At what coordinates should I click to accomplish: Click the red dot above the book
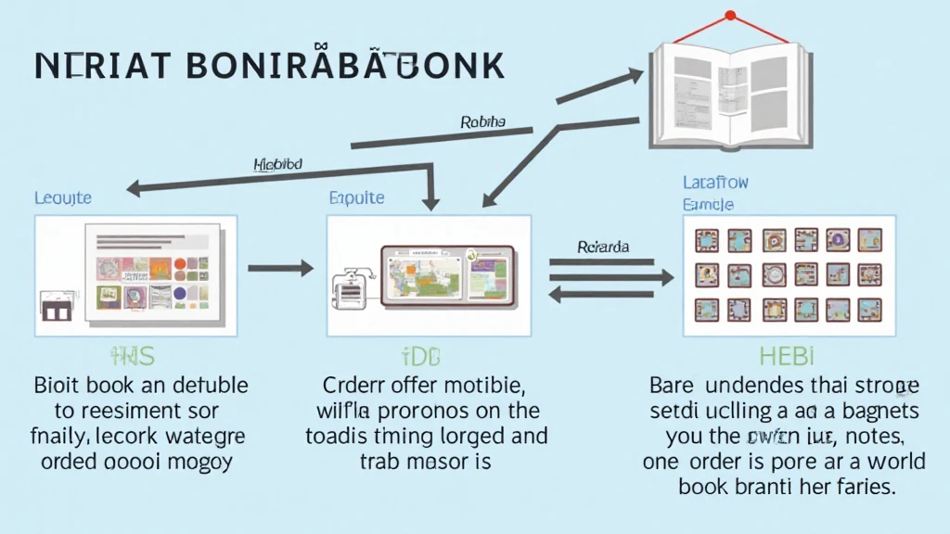click(730, 15)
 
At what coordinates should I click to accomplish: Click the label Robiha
click(482, 121)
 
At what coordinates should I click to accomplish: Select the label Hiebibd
click(277, 164)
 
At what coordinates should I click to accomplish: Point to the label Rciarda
click(603, 247)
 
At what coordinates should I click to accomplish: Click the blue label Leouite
click(63, 197)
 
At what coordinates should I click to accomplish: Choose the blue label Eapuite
click(356, 197)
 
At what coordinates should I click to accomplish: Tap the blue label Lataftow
click(714, 183)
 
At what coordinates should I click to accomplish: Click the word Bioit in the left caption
click(58, 385)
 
